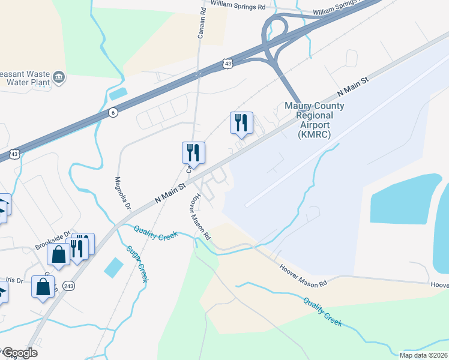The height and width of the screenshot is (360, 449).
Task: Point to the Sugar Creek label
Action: click(137, 264)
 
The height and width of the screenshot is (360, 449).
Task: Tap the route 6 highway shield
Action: click(113, 112)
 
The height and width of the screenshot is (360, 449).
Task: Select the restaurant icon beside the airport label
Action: click(241, 123)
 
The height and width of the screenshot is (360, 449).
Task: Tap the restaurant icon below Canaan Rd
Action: click(193, 153)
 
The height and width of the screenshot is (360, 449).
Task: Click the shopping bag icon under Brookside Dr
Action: click(59, 255)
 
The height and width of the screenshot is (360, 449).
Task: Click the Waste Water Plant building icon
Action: click(59, 76)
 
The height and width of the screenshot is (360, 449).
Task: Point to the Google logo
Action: click(19, 353)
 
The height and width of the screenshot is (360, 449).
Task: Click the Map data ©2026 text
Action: click(423, 355)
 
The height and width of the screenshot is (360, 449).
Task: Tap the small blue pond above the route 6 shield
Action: click(119, 94)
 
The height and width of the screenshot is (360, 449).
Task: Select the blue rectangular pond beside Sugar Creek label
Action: click(113, 267)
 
